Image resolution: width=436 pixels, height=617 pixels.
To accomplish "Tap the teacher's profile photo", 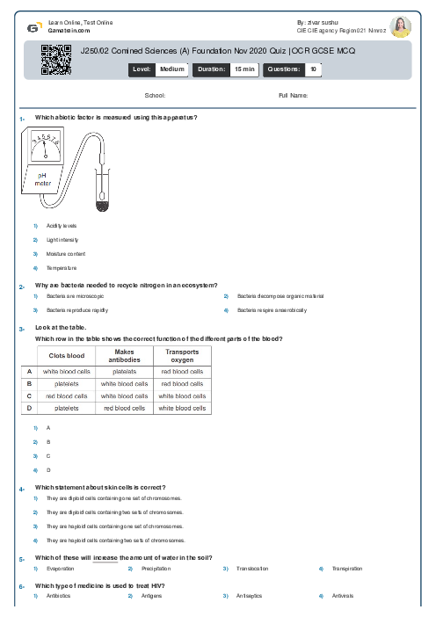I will pos(400,26).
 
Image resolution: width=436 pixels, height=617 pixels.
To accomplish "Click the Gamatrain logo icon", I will pos(33,26).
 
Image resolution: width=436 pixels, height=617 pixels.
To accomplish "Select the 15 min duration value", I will pos(239,68).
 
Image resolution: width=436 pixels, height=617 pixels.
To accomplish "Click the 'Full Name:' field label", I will pos(293,95).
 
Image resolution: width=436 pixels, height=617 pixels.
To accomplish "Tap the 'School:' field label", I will pos(155,95).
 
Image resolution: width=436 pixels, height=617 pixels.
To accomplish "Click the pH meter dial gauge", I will pos(45,145).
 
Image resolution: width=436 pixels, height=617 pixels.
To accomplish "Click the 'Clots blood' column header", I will pos(65,355).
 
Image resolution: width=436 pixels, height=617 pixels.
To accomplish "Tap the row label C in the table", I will pos(30,396).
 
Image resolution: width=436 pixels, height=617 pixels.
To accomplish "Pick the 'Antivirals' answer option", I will pos(342,597).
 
